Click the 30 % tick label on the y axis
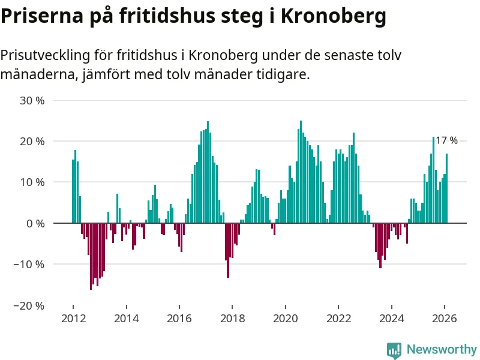coord(32,100)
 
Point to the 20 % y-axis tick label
coord(32,141)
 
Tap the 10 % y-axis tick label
coord(32,182)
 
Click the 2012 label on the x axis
coord(73,319)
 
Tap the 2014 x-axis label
coord(126,319)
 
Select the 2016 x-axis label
coord(179,319)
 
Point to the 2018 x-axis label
coord(232,319)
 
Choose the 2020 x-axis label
coord(286,319)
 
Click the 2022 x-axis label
coord(338,319)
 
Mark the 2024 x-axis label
coord(392,319)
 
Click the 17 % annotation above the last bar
coord(446,140)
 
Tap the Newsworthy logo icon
coord(394,350)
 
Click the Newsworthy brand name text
coord(442,349)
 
